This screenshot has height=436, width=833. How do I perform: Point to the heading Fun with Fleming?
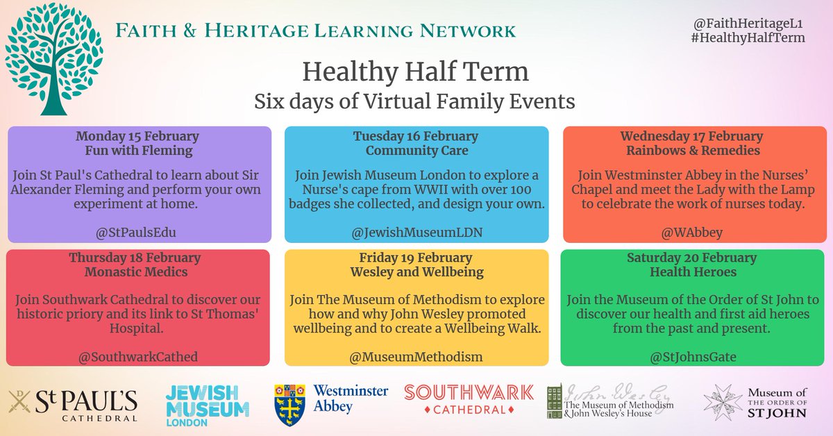pos(137,149)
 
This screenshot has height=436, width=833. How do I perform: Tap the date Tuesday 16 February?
pos(415,135)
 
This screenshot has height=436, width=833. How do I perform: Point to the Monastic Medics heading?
pos(137,272)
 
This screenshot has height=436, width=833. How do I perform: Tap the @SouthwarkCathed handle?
pos(137,357)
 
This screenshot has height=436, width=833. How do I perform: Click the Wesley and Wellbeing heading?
pos(415,272)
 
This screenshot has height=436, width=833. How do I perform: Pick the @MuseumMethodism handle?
pos(415,357)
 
